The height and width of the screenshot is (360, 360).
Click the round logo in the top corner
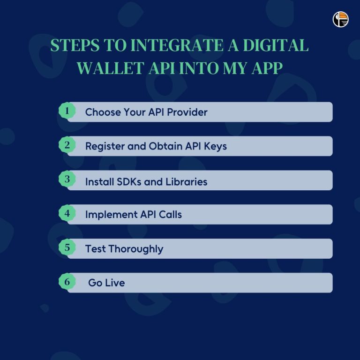tap(341, 19)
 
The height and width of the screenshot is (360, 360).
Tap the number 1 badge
tap(67, 111)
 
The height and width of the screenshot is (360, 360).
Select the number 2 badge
tap(67, 145)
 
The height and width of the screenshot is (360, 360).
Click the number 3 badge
tap(67, 179)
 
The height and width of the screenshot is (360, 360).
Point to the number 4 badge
tap(67, 213)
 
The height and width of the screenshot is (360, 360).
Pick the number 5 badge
tap(67, 247)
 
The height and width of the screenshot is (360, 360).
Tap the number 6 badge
tap(67, 282)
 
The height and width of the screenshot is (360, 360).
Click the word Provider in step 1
tap(187, 112)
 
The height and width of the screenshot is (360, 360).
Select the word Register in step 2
tap(105, 146)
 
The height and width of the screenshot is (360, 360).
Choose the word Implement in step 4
tap(111, 215)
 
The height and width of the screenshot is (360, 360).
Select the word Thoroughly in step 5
tap(136, 249)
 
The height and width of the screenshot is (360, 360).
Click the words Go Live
tap(106, 283)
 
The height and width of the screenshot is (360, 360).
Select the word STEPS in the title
tap(74, 46)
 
